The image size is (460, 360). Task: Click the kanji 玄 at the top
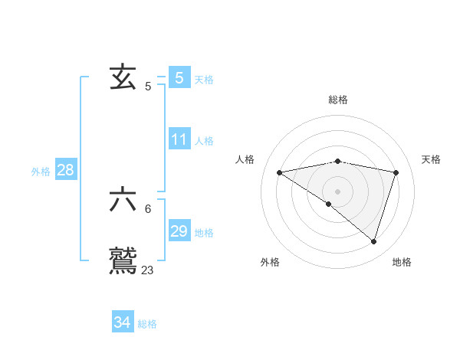coord(123,77)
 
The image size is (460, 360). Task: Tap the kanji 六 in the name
coord(123,200)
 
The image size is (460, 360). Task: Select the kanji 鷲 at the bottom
coord(123,260)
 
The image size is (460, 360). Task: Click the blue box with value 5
coord(179,77)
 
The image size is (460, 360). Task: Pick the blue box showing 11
coord(179,139)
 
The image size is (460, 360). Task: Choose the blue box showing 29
coord(179,231)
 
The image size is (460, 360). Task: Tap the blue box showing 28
coord(66,170)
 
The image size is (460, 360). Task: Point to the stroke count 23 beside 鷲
coord(148,270)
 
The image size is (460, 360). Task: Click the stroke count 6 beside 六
coord(148,208)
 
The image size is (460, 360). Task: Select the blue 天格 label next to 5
coord(204,79)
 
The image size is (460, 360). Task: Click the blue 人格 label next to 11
coord(204,141)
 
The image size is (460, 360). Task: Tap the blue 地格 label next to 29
coord(204,232)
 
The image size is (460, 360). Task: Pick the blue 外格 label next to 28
coord(41,172)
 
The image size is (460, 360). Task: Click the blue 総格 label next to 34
coord(147,324)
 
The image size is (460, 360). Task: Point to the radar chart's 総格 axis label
coord(338,100)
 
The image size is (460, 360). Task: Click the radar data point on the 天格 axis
coord(396,172)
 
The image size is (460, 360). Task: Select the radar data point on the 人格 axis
coord(280,172)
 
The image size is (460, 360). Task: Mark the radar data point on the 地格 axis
coord(374,241)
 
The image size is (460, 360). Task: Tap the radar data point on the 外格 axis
coord(329,204)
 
